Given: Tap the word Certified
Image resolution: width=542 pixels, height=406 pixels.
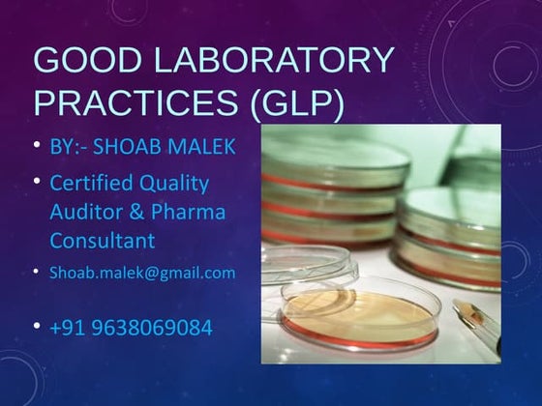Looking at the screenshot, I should click(x=92, y=182).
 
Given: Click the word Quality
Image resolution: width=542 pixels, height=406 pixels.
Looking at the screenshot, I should click(x=174, y=182).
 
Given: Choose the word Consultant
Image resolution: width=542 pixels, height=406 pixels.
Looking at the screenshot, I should click(x=103, y=239).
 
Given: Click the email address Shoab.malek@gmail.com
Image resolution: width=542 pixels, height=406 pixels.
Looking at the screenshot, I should click(x=142, y=273).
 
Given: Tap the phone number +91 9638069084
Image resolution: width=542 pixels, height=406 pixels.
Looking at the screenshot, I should click(x=131, y=328).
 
